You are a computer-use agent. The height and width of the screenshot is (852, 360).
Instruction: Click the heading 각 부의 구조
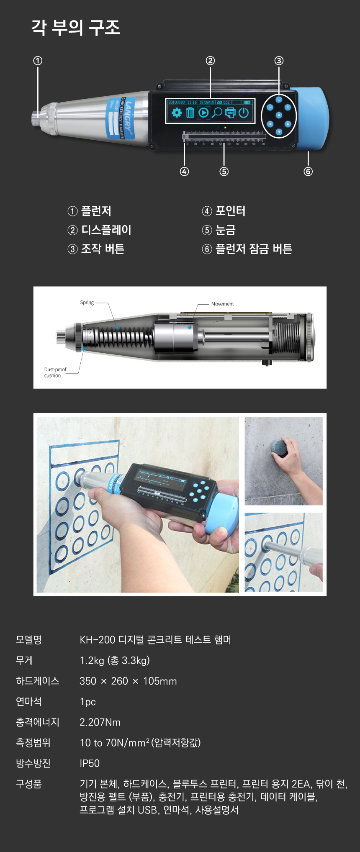coord(76,28)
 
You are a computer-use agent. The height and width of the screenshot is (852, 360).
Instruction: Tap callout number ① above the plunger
coord(38,61)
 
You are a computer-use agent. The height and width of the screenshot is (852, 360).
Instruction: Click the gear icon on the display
coord(177,113)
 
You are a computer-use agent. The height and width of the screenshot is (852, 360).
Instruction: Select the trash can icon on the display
coord(190,113)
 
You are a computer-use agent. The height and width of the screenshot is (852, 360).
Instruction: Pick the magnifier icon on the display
coord(217,113)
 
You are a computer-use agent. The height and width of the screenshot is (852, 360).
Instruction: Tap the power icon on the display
coord(244,113)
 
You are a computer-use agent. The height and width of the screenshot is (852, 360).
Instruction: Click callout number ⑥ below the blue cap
coord(308,171)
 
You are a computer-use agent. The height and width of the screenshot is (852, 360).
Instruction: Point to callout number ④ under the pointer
coord(184,171)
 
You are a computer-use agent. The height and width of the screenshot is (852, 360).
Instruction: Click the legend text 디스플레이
coord(106,230)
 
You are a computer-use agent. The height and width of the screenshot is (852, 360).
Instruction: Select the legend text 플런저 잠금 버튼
coord(253,249)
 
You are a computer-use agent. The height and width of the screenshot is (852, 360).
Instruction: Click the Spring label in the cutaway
coord(87,303)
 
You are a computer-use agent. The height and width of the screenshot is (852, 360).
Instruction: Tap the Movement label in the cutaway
coord(222,304)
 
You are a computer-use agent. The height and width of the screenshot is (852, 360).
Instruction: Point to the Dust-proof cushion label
coord(55,372)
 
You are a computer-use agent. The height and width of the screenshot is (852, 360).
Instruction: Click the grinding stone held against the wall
coord(278,448)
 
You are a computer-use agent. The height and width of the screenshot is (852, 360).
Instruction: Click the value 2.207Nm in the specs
coord(100,722)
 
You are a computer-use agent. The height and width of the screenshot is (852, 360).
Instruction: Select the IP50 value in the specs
coord(90,763)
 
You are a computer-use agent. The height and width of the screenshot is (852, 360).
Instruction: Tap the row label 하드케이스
coord(37,681)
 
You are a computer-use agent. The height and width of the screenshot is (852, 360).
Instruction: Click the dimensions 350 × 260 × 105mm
coord(128,681)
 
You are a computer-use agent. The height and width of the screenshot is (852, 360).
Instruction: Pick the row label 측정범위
coord(33,743)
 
